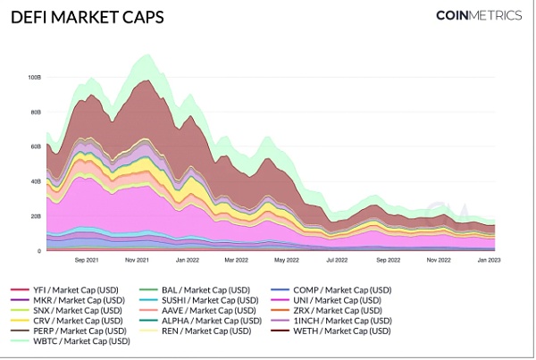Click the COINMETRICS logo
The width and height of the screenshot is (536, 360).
pyautogui.click(x=477, y=15)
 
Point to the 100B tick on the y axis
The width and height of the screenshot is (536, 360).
pyautogui.click(x=34, y=78)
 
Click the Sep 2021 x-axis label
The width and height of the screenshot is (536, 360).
pyautogui.click(x=87, y=260)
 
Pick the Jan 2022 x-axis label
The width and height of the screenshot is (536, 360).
pyautogui.click(x=188, y=260)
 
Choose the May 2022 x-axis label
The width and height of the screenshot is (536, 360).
pyautogui.click(x=286, y=260)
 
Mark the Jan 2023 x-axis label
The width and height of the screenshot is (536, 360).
pyautogui.click(x=488, y=260)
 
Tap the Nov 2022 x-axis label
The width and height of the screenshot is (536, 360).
pyautogui.click(x=438, y=260)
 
